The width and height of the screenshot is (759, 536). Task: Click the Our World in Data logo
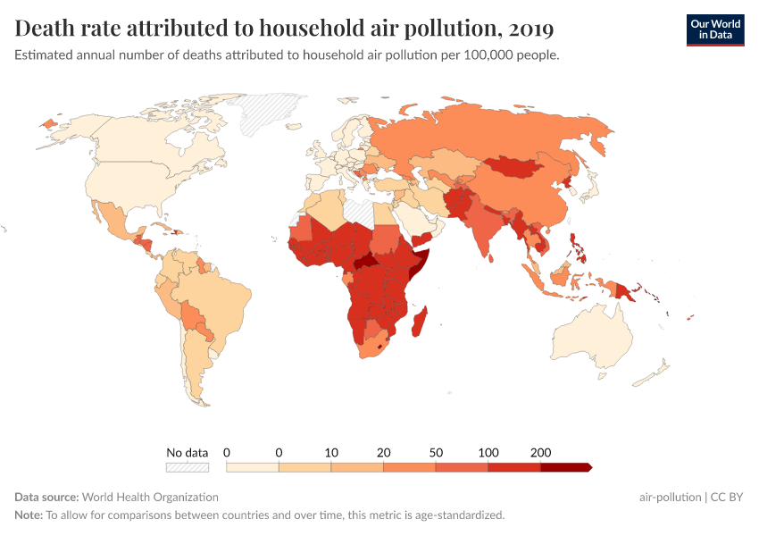714,29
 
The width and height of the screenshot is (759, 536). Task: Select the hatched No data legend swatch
187,466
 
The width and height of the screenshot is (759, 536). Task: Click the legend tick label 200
540,452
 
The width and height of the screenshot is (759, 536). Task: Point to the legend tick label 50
436,452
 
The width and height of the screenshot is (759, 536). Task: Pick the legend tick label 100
488,452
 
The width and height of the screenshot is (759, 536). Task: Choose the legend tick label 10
331,452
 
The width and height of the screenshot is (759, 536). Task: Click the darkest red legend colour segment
565,466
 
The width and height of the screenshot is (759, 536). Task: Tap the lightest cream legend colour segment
252,466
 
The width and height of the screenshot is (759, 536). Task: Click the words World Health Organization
151,497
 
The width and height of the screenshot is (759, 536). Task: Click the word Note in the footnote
29,515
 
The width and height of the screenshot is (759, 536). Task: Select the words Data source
46,497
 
